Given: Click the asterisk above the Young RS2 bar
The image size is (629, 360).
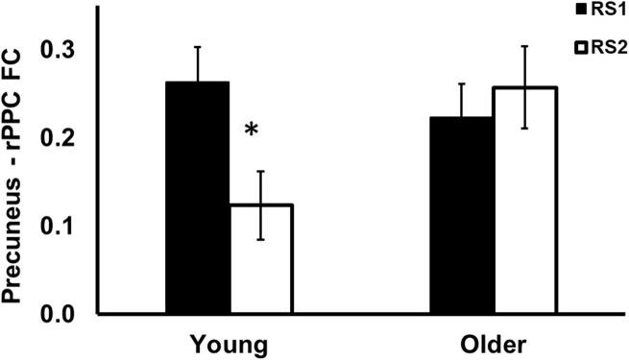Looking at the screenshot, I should (x=252, y=130).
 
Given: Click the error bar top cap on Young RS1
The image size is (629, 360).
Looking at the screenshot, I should (x=197, y=46).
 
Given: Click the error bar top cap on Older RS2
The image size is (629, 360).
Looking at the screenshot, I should (x=524, y=45).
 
